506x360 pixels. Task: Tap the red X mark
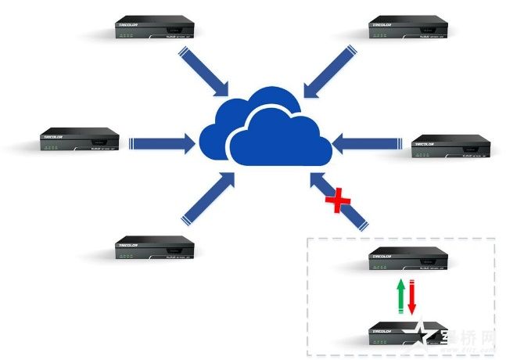(339, 201)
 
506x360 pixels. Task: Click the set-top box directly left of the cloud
(80, 142)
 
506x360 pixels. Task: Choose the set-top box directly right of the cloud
(451, 146)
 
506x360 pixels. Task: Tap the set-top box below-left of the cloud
(153, 247)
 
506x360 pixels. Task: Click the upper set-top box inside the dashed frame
(407, 258)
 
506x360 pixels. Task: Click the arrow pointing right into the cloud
(161, 142)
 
